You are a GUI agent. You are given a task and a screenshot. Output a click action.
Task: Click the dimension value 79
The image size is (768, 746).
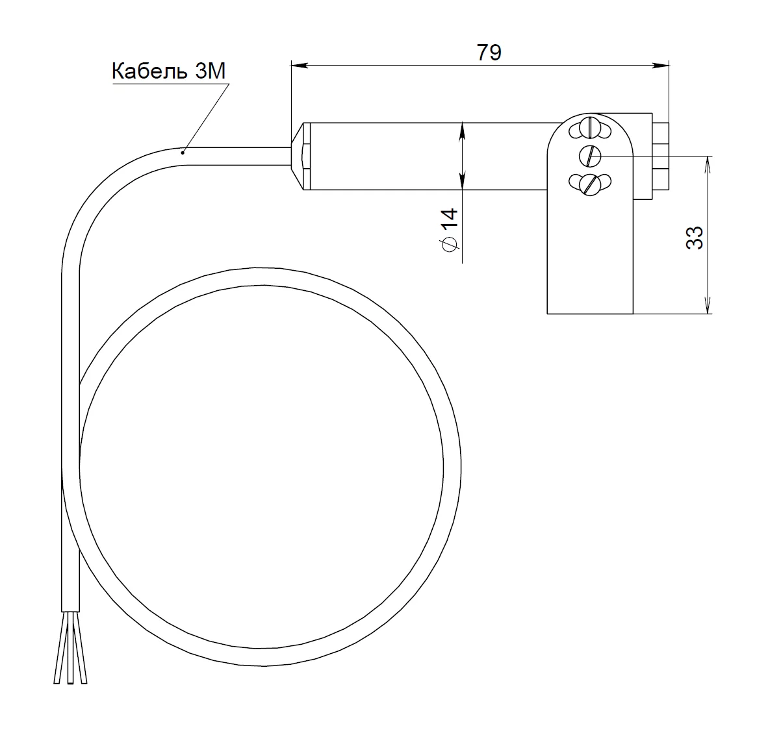[489, 53]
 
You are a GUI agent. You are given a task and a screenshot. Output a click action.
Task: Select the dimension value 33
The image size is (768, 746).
[695, 238]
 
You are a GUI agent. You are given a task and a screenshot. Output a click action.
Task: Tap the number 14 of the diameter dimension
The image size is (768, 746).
[449, 218]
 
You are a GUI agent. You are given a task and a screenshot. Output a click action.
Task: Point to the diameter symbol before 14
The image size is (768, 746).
[450, 243]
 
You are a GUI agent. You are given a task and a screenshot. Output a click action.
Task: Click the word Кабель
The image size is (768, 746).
[149, 71]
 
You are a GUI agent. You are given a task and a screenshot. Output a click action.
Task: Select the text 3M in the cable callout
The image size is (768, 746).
[210, 71]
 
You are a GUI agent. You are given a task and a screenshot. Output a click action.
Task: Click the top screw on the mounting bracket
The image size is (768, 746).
[590, 129]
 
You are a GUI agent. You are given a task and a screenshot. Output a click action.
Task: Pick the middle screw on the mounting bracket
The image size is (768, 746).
[590, 156]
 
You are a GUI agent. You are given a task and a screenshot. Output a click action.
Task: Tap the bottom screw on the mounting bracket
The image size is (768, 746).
[590, 184]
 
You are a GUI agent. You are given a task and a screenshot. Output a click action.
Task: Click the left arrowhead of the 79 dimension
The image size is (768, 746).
[300, 65]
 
